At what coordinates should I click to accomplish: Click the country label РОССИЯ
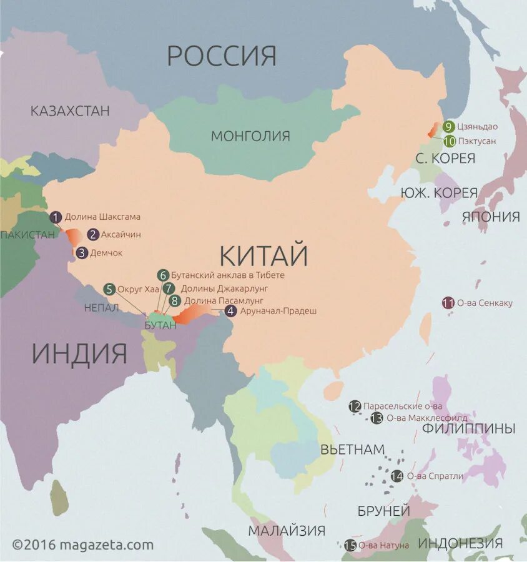click(x=221, y=56)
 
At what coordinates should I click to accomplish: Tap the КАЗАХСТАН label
click(x=70, y=111)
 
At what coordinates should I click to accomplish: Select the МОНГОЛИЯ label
click(x=250, y=136)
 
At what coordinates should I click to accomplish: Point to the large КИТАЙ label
click(x=264, y=255)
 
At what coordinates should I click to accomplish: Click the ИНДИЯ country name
click(x=79, y=353)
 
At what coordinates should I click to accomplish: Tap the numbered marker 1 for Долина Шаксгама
click(x=56, y=217)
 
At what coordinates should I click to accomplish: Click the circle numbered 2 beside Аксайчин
click(x=93, y=235)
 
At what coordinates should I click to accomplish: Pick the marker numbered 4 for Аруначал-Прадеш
click(x=231, y=311)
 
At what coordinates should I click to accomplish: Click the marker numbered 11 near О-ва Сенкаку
click(x=448, y=303)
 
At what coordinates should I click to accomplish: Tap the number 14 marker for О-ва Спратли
click(x=397, y=476)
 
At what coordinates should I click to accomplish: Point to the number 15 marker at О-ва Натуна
click(x=350, y=545)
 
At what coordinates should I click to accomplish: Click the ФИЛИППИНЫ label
click(x=468, y=428)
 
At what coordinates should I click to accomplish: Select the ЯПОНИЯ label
click(x=491, y=217)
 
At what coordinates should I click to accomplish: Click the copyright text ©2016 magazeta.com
click(x=82, y=545)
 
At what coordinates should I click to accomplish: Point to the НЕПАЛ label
click(x=101, y=307)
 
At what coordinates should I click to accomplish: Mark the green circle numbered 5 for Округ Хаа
click(x=109, y=289)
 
